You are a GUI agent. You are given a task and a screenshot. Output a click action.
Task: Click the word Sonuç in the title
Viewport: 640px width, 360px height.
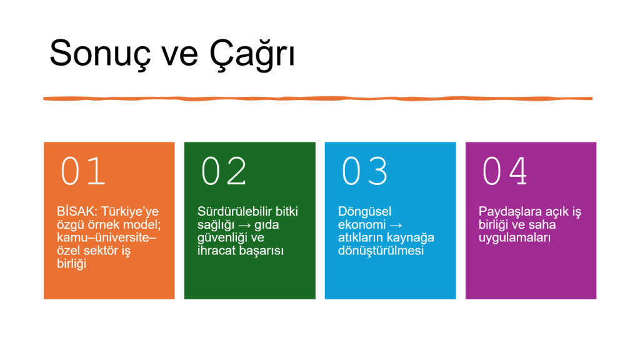[100, 54]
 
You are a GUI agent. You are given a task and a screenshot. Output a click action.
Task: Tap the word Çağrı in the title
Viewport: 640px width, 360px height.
[251, 54]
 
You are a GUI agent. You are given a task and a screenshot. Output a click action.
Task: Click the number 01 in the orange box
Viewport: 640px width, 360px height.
[83, 171]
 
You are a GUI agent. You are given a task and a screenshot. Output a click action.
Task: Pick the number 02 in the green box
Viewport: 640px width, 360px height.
[224, 171]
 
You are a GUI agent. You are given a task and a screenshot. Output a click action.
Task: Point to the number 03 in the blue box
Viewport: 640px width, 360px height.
[364, 171]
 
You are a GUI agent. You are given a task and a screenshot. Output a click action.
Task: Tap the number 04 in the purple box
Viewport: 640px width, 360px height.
[505, 171]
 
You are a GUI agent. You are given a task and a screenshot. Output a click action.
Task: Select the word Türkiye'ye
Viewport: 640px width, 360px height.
[130, 212]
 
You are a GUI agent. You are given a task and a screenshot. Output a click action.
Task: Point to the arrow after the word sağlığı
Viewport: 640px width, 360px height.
[244, 225]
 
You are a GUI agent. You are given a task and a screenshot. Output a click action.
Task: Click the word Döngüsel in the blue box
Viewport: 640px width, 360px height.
[364, 212]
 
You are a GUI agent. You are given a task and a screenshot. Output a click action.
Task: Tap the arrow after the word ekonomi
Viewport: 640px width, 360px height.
[396, 225]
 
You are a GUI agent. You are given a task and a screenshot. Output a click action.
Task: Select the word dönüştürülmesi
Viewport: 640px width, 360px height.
[381, 251]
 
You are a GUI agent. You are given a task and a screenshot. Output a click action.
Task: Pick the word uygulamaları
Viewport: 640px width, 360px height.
[515, 238]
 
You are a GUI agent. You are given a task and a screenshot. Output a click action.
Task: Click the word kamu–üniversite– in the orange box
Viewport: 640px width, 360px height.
[106, 237]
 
